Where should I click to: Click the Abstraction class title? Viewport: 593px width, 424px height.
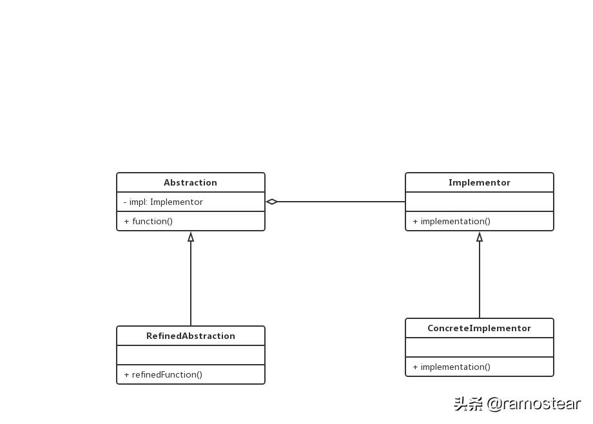pyautogui.click(x=190, y=182)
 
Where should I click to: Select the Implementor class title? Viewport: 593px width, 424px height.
pyautogui.click(x=479, y=182)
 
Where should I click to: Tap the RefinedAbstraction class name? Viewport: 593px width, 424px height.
pyautogui.click(x=190, y=336)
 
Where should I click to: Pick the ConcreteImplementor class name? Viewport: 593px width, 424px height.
pyautogui.click(x=479, y=328)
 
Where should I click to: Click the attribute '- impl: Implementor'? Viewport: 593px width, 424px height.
pyautogui.click(x=163, y=202)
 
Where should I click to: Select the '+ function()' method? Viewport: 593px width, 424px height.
pyautogui.click(x=148, y=221)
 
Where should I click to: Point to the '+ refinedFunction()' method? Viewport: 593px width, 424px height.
pyautogui.click(x=163, y=374)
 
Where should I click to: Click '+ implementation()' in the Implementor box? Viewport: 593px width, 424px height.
pyautogui.click(x=451, y=221)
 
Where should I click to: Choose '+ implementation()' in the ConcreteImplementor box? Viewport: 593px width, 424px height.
pyautogui.click(x=451, y=367)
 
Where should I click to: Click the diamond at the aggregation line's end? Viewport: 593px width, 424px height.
pyautogui.click(x=272, y=202)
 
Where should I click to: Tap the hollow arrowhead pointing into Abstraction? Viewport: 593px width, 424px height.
pyautogui.click(x=191, y=237)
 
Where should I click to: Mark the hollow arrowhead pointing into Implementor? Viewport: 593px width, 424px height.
pyautogui.click(x=480, y=237)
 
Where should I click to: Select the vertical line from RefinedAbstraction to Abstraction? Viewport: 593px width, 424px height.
pyautogui.click(x=191, y=284)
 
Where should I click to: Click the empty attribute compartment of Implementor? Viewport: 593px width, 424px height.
pyautogui.click(x=479, y=202)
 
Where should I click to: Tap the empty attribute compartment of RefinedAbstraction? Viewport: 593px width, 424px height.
pyautogui.click(x=190, y=355)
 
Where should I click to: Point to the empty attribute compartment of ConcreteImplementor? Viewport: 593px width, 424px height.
pyautogui.click(x=479, y=347)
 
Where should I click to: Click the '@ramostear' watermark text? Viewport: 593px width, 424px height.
pyautogui.click(x=534, y=404)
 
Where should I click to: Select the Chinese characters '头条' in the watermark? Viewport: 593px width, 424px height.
pyautogui.click(x=468, y=404)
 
